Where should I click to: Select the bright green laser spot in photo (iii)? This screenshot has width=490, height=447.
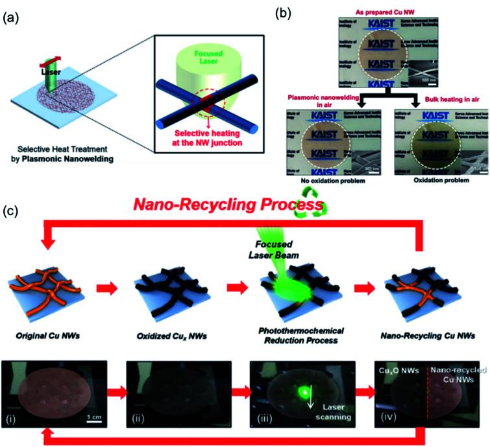(x=284, y=390)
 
